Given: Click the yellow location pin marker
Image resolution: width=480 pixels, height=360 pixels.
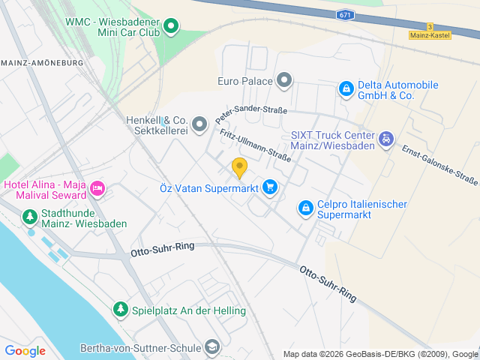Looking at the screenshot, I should [x=239, y=168].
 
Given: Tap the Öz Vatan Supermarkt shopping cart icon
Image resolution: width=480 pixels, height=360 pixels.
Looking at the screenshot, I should [x=270, y=187].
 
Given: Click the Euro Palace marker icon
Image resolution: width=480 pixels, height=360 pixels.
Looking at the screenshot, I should [x=284, y=79].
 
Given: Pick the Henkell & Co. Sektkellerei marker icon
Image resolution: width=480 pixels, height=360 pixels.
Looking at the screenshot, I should [x=199, y=124].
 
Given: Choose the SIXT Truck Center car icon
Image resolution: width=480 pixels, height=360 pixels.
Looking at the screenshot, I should [x=385, y=139].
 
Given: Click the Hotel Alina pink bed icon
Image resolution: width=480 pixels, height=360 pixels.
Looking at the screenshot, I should [x=97, y=187].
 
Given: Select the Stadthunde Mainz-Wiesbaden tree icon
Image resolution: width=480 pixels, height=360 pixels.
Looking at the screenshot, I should [x=29, y=217].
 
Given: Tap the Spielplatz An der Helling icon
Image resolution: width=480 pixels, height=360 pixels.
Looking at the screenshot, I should [x=120, y=309].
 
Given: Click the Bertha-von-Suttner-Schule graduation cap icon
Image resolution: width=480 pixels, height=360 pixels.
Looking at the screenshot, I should [x=213, y=346].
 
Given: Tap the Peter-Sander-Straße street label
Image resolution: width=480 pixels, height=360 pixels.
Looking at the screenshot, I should [x=250, y=113].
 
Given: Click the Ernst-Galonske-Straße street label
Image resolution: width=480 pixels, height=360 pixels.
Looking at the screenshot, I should [x=440, y=165].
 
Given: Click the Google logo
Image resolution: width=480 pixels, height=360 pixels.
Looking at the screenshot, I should [x=25, y=350].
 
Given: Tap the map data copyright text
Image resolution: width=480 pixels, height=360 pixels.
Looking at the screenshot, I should [x=379, y=354].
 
